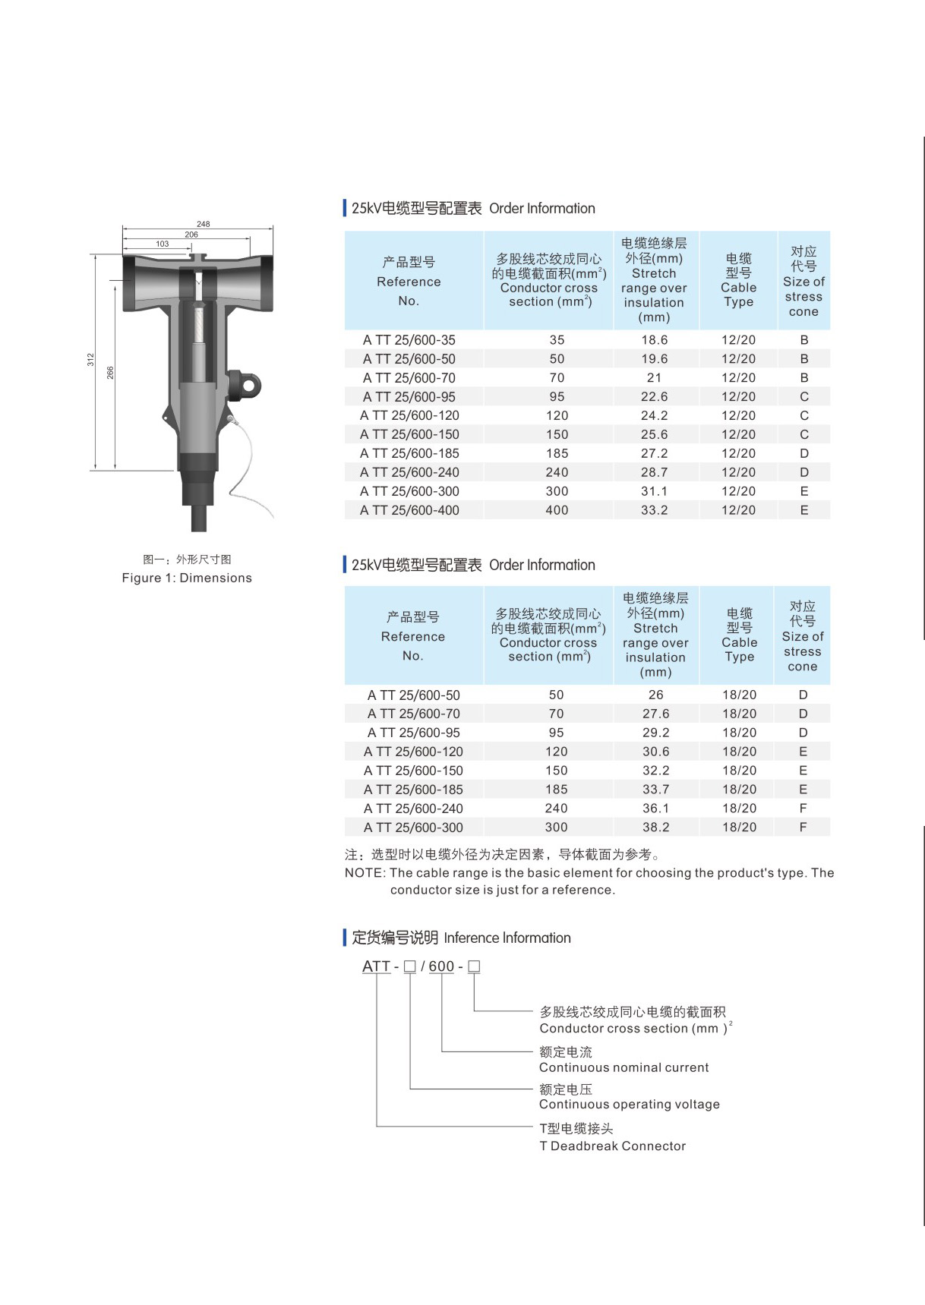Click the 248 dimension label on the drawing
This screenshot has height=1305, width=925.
[x=203, y=224]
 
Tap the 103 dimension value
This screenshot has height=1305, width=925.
[x=163, y=244]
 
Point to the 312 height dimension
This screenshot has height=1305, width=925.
[x=90, y=360]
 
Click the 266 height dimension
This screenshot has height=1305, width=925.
[x=110, y=373]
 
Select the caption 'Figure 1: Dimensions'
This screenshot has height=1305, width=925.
[x=187, y=578]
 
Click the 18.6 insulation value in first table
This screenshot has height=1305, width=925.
[x=654, y=340]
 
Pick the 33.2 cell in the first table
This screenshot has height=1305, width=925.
[x=654, y=510]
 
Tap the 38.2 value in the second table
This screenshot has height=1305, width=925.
[x=655, y=827]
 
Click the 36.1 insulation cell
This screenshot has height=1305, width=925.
[x=655, y=809]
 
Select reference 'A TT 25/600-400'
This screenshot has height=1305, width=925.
[x=409, y=510]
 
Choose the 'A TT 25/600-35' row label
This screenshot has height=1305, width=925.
[x=409, y=340]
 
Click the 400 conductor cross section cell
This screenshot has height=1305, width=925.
[x=557, y=510]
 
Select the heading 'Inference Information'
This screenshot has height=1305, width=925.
[x=507, y=938]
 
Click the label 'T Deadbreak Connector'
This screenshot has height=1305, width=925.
[x=612, y=1146]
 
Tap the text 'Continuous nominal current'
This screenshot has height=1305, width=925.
[x=624, y=1067]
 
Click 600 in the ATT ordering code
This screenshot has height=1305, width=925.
[x=441, y=966]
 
